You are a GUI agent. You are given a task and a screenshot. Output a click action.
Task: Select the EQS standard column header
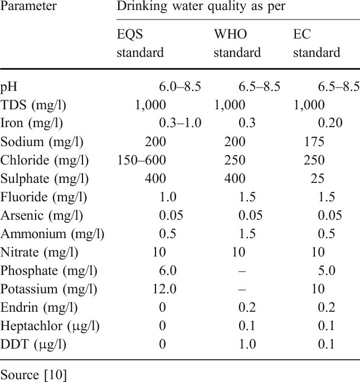coord(139,43)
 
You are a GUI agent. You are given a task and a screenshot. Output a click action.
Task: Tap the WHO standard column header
coord(237,43)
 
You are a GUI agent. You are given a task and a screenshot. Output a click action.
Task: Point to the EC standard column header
coord(316,43)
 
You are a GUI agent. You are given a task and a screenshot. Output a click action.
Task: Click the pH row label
coord(10,86)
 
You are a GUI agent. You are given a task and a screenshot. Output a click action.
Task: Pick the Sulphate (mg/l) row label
coord(45,179)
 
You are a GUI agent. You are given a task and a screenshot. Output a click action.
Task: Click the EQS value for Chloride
coord(142,161)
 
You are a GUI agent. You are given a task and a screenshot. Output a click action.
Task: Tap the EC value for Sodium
coord(314,142)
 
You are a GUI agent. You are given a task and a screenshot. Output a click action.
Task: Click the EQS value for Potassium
coord(164,289)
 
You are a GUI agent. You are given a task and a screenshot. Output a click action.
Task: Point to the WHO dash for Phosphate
coord(242,271)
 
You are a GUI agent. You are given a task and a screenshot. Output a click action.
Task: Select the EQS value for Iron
coord(180,123)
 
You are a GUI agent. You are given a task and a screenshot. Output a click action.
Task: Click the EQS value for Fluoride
coord(168,197)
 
